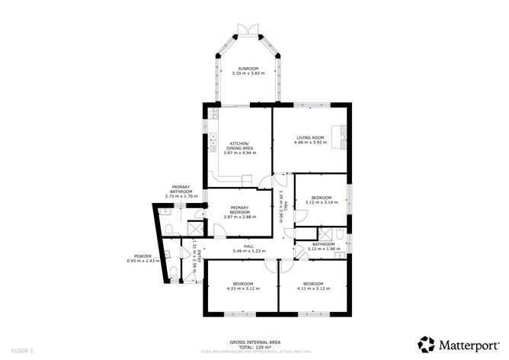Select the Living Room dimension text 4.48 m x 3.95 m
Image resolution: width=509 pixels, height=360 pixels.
(311, 142)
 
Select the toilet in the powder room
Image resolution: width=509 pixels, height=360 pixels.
(174, 271)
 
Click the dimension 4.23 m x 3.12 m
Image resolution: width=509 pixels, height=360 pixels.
(242, 288)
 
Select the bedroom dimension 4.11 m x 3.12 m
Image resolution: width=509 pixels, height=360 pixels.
(312, 288)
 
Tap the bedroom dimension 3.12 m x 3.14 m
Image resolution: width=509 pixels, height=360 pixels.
(321, 202)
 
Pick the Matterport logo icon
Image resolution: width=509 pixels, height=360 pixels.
(427, 344)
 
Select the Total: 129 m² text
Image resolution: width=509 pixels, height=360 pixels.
(255, 347)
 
